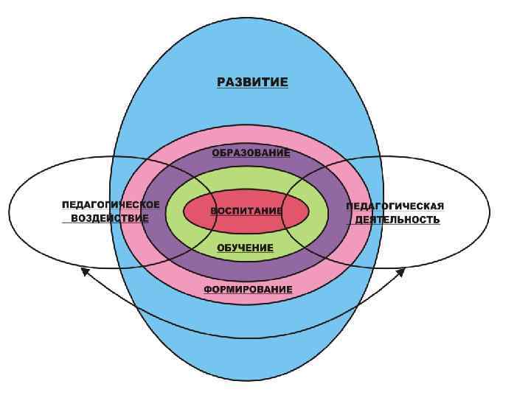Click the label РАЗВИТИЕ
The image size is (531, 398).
(252, 82)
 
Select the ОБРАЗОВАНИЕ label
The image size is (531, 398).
(251, 153)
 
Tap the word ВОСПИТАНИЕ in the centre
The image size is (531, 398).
(246, 211)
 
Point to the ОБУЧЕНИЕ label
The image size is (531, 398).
(245, 248)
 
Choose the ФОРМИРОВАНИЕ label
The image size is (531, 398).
(248, 290)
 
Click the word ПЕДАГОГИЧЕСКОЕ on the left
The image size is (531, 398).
(111, 204)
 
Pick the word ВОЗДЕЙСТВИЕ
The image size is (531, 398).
(110, 218)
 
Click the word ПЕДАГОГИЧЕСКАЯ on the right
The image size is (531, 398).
(395, 206)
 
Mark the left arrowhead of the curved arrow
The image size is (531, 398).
(85, 270)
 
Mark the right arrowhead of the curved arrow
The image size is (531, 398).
(402, 270)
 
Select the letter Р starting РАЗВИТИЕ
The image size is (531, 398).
(221, 82)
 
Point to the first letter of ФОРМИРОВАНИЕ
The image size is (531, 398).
(207, 290)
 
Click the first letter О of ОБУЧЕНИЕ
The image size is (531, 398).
(221, 248)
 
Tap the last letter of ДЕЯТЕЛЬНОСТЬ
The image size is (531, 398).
(437, 220)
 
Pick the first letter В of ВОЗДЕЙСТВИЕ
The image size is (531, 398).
(74, 218)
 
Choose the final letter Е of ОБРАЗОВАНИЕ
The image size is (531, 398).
(287, 153)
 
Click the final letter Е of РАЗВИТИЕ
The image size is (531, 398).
(284, 82)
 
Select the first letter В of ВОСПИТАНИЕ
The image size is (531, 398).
(215, 211)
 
